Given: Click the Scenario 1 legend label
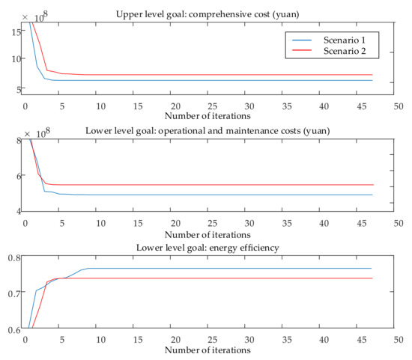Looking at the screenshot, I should [x=347, y=39].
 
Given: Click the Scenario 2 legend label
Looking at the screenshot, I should [x=347, y=52].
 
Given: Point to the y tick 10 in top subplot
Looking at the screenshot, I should [x=15, y=58].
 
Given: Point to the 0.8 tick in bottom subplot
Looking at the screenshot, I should [x=13, y=258].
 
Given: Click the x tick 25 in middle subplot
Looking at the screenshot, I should [x=210, y=222].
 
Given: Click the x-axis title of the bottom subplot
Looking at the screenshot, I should [x=210, y=350].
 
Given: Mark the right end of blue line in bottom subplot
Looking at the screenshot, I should [x=372, y=269].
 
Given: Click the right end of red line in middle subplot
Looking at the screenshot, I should [x=372, y=185].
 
